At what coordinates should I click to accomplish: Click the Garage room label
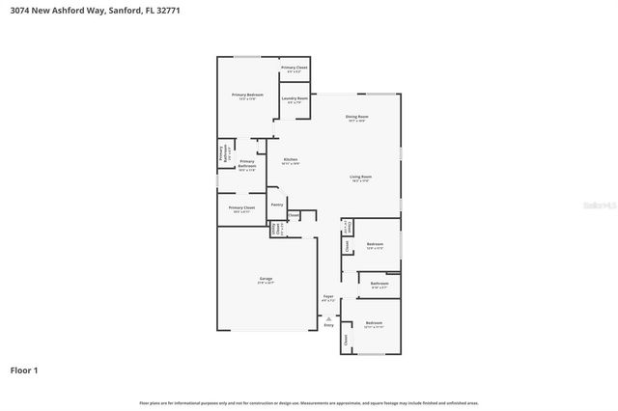click(266, 279)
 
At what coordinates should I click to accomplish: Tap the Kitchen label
click(290, 159)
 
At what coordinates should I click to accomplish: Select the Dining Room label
click(355, 118)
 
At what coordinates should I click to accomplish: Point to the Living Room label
click(360, 178)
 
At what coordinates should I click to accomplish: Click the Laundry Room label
click(295, 99)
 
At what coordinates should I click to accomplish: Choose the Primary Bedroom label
click(247, 95)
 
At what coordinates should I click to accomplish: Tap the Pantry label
click(276, 205)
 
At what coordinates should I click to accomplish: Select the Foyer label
click(328, 297)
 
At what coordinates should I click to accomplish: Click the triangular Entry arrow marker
click(328, 317)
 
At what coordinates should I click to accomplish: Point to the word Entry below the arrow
click(328, 325)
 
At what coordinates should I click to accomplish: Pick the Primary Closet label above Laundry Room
click(295, 68)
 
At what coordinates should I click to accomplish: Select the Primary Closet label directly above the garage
click(241, 207)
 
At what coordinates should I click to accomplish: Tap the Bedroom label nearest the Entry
click(374, 323)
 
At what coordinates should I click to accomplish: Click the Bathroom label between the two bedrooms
click(379, 284)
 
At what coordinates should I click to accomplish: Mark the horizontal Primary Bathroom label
click(246, 164)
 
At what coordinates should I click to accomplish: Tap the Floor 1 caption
click(24, 370)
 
